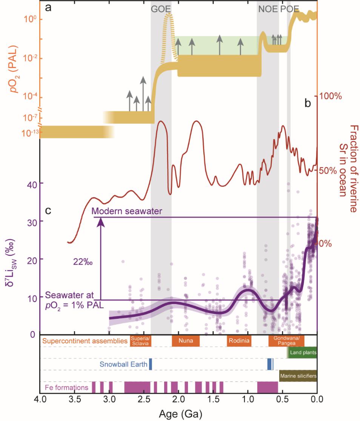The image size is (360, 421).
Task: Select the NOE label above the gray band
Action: point(268,9)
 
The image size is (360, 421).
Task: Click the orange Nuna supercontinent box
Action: point(186,341)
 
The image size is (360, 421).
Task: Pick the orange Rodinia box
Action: point(239,341)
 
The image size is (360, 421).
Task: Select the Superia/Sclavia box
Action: point(140,341)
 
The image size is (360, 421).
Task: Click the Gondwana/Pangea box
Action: point(286,341)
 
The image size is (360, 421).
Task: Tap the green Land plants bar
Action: point(302,353)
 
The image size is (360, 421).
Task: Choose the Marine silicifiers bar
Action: point(298,376)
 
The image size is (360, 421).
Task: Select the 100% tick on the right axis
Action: point(331,96)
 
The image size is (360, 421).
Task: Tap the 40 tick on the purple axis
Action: point(30,183)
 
